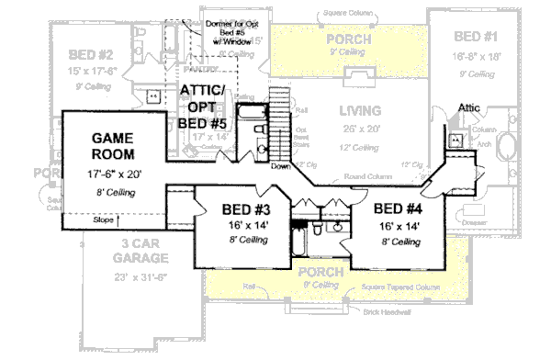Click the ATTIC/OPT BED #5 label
pos(205,106)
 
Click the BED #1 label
pos(478,37)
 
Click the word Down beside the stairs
pos(281,166)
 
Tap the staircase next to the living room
pos(279,124)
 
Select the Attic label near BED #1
pos(469,107)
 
